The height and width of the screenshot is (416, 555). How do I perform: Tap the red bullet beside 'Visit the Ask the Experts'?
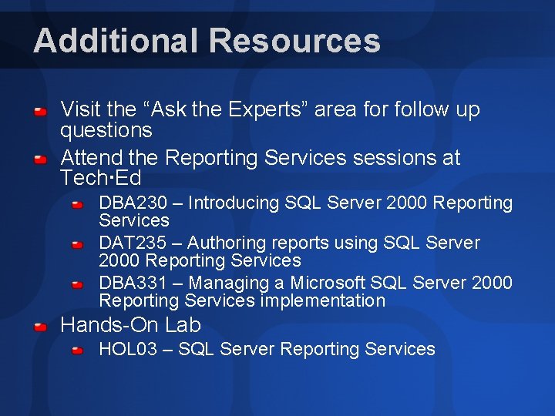point(41,112)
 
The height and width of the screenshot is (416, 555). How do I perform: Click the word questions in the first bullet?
point(106,131)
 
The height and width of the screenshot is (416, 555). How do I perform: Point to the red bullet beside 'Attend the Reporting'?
point(41,160)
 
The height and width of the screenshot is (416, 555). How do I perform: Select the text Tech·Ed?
point(101,179)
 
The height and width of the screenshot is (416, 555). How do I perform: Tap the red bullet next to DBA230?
point(78,206)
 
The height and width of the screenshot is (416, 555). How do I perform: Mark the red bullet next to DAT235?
point(78,246)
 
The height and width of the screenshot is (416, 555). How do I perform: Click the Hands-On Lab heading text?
point(130,325)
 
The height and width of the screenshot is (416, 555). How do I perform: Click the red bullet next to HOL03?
point(78,352)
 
